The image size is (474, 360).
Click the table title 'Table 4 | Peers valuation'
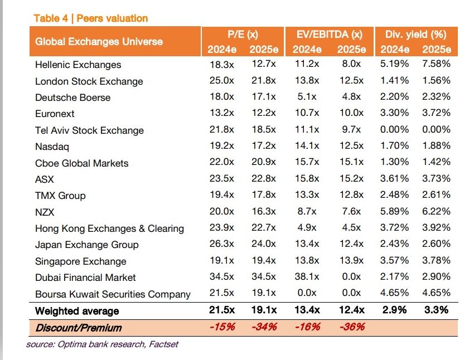click(x=90, y=18)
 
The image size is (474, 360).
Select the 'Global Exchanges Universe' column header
click(x=99, y=41)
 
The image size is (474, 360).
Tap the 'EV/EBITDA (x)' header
click(x=329, y=34)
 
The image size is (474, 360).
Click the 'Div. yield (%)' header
click(x=415, y=34)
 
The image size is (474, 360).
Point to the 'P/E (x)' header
click(x=242, y=34)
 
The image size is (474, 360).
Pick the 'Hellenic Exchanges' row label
click(x=78, y=65)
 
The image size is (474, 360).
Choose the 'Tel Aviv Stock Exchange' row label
click(x=89, y=130)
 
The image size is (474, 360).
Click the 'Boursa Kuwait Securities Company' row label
click(x=113, y=294)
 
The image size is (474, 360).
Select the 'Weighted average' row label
click(x=77, y=311)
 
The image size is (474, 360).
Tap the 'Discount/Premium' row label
click(x=78, y=328)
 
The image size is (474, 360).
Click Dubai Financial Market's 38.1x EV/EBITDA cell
click(x=307, y=277)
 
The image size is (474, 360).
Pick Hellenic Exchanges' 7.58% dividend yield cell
click(x=436, y=64)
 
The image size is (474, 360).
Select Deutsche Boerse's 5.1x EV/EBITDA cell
click(x=307, y=96)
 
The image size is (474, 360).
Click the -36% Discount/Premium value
click(x=351, y=327)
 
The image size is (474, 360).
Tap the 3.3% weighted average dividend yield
click(x=436, y=310)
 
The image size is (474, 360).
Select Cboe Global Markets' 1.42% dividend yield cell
click(x=436, y=163)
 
